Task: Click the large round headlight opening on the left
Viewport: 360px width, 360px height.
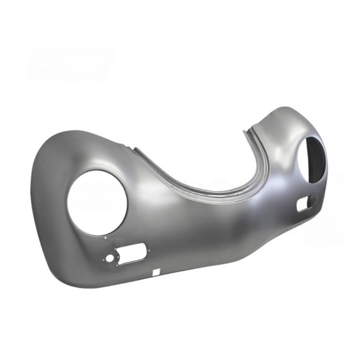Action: click(x=97, y=202)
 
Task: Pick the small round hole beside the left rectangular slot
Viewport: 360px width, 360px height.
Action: click(x=110, y=258)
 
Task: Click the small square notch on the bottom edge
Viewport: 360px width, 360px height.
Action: click(x=156, y=271)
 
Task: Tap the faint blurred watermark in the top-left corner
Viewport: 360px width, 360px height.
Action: click(x=70, y=63)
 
